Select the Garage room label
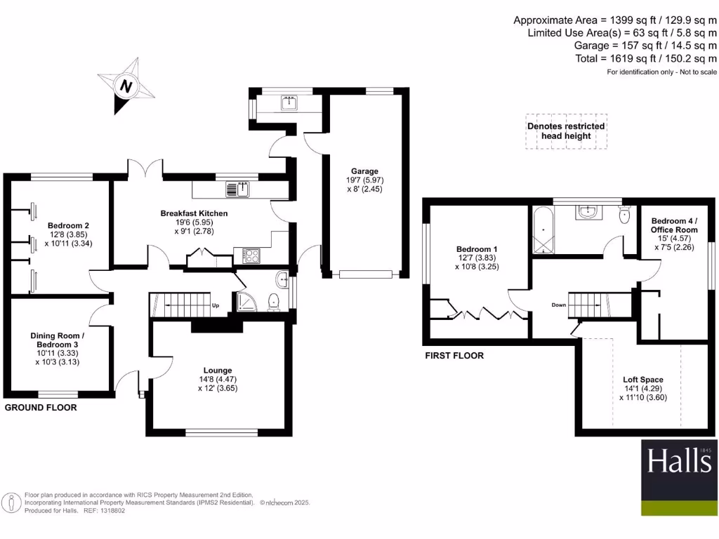[x=365, y=171]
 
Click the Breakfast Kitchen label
[x=194, y=213]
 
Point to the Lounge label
[x=218, y=370]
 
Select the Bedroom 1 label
[x=477, y=249]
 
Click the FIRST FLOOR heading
[x=454, y=356]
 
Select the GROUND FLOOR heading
[x=41, y=408]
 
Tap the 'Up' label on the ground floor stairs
[x=216, y=306]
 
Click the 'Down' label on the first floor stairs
[x=559, y=305]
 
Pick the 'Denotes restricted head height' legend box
[x=566, y=131]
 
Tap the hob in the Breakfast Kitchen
[x=250, y=255]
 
